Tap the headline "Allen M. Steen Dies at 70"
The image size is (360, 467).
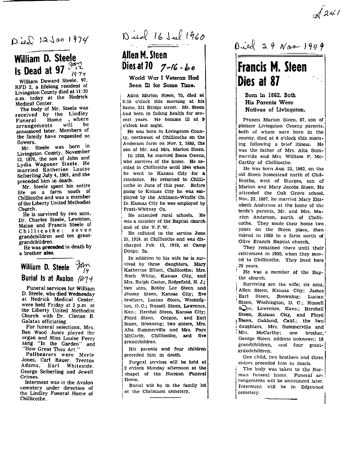pyautogui.click(x=144, y=61)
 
